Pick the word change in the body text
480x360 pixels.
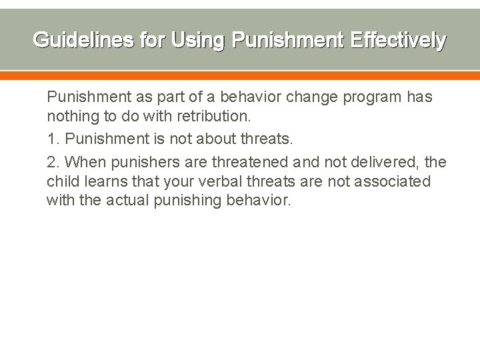[313, 97]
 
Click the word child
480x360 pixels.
[63, 181]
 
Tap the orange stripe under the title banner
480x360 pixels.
[240, 77]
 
